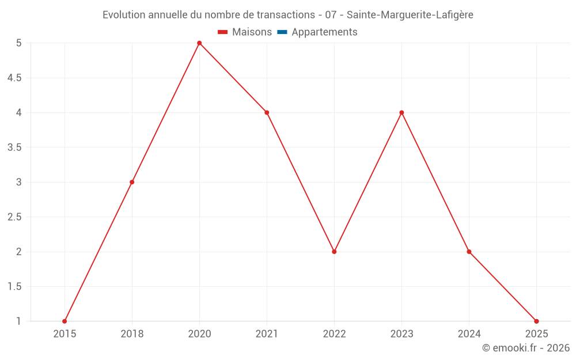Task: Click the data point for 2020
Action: pos(199,43)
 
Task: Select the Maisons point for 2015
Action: pos(65,321)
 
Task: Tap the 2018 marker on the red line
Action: pos(132,182)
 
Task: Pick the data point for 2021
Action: pos(267,112)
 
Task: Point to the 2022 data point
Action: pos(334,252)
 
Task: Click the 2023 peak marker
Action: pos(401,112)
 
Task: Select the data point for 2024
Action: pos(469,252)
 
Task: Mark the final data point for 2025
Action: pos(536,321)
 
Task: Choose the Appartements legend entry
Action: pos(324,32)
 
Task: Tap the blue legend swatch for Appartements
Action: pos(282,32)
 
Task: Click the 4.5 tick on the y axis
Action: pos(14,78)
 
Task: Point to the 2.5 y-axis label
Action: pos(14,217)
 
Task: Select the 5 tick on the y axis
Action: pos(19,43)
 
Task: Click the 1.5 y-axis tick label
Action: pos(14,287)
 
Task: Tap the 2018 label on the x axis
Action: pos(132,334)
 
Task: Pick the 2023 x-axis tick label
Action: pos(401,334)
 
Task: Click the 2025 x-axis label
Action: pos(536,334)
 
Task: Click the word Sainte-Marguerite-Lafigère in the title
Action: pos(410,15)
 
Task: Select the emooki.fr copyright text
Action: pos(526,348)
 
